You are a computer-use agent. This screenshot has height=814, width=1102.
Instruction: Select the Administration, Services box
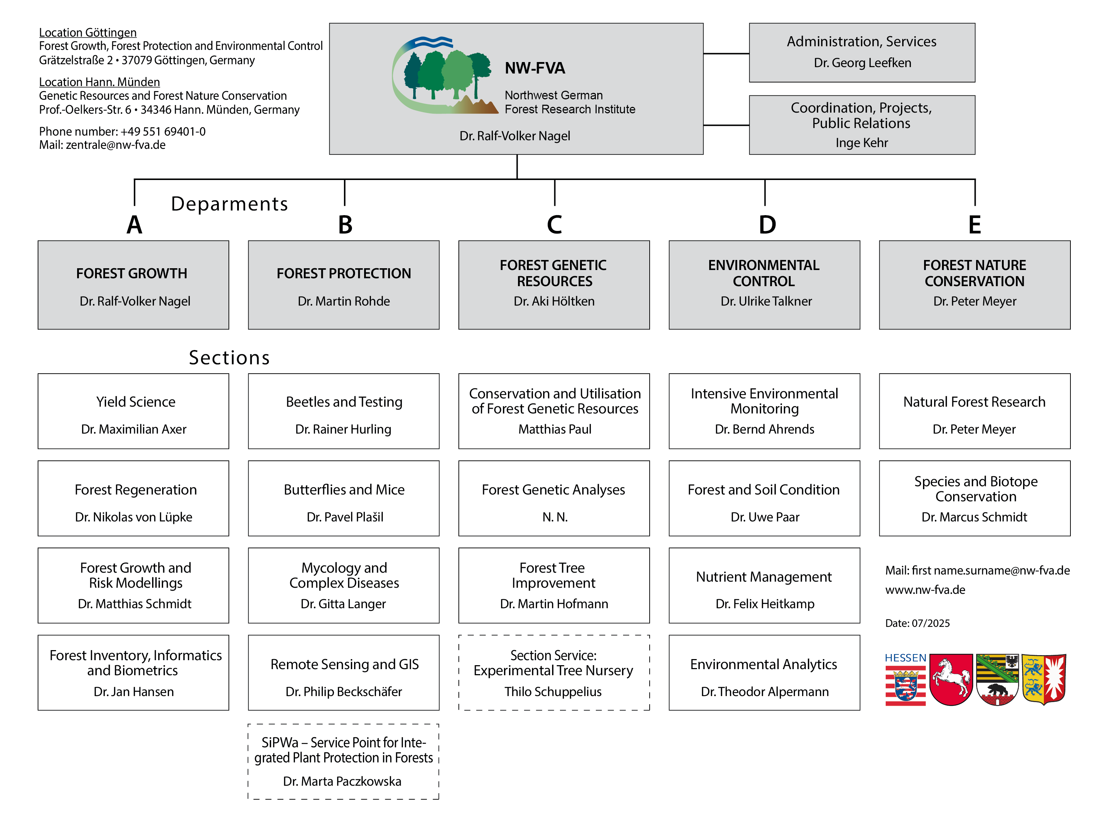coord(862,52)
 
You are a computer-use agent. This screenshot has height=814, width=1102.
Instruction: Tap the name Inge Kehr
coord(862,143)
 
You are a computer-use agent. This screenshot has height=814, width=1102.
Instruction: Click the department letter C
coord(555,225)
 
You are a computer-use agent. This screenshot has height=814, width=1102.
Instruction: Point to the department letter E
coord(974,225)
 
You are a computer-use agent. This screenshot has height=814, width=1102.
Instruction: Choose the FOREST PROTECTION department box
coord(344,285)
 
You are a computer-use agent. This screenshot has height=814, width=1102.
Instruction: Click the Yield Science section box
coord(133,411)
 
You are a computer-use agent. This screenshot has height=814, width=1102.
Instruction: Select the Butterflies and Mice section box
coord(344,498)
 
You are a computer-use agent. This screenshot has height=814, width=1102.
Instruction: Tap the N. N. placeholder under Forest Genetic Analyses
coord(555,517)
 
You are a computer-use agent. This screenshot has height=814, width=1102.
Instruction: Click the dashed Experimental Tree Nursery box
coord(554,673)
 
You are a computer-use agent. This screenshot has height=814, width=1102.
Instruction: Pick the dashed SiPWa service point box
coord(344,761)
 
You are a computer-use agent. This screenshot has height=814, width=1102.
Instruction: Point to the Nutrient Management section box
coord(764,585)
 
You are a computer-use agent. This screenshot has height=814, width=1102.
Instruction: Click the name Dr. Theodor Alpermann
coord(764,692)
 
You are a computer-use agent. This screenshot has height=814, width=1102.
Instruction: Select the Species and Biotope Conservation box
coord(974,498)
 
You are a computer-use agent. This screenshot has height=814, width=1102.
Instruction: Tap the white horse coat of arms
coord(951,680)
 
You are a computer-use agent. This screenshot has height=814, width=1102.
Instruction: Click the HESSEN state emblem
coord(905,680)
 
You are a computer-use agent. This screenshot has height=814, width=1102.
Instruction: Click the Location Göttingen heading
coord(88,33)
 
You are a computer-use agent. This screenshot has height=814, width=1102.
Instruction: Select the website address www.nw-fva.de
coord(925,590)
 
